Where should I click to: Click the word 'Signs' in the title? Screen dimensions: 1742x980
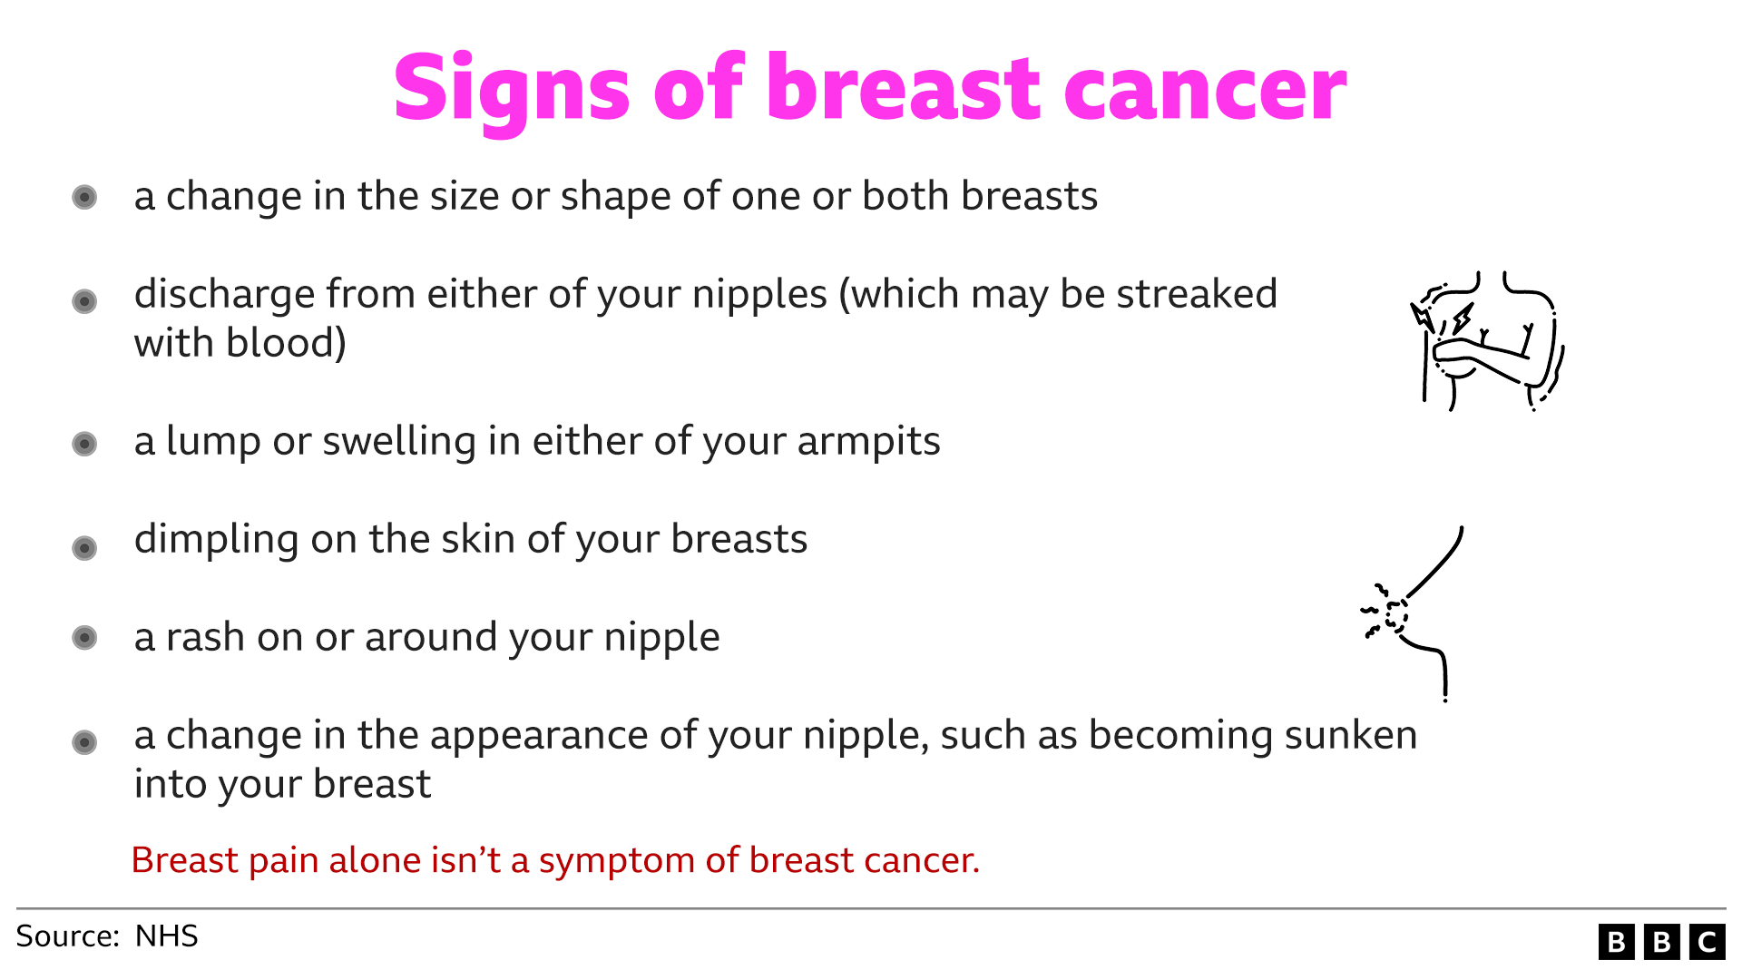click(512, 88)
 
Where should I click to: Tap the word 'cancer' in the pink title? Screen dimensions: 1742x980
click(1205, 90)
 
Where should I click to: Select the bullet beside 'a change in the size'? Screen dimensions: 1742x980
click(84, 197)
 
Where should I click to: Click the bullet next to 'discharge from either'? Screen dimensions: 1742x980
click(84, 300)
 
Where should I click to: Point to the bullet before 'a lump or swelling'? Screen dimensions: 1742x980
click(84, 444)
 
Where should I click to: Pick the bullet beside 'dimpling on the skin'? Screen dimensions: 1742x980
click(84, 548)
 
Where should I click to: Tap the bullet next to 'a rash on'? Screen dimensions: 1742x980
click(84, 638)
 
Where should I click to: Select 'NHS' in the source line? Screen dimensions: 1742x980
click(166, 936)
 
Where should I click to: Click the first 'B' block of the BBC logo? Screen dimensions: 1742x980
click(1617, 943)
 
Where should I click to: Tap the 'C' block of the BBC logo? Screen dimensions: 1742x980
click(1708, 943)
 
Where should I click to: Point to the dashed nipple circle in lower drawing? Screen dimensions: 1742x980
click(1396, 615)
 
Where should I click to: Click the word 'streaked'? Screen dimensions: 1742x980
click(1197, 295)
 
